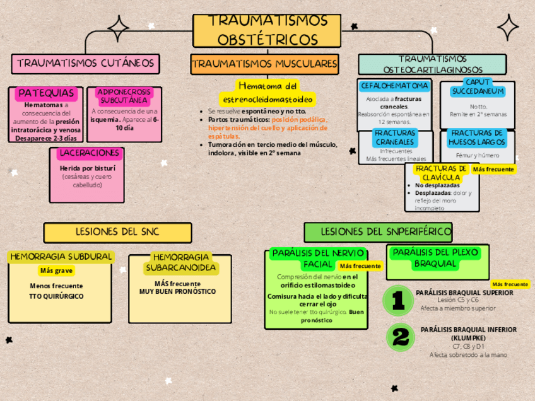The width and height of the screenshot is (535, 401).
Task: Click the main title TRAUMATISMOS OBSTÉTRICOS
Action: pos(267,30)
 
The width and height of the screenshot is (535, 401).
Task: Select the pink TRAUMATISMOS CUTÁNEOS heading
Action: pos(86,64)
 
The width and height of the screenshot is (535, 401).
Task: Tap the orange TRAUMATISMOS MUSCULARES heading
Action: pos(264,64)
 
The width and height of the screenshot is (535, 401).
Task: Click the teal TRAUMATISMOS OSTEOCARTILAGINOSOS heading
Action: pos(432,64)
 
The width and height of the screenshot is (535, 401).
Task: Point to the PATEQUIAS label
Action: pos(46,93)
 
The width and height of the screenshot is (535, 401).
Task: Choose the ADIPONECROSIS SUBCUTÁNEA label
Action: pos(124,96)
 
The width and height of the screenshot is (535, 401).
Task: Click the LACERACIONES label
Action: pos(89,153)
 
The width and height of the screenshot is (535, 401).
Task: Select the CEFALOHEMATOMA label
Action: pos(395,86)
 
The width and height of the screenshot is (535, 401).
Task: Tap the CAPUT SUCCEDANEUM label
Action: pos(478,87)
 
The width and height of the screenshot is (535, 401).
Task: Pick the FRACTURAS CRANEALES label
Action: pos(395,137)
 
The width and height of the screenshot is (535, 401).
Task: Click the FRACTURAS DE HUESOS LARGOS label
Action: pos(477,137)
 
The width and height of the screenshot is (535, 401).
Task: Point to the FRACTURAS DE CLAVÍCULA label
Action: pos(441,173)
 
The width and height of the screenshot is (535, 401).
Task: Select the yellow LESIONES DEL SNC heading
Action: pos(117,232)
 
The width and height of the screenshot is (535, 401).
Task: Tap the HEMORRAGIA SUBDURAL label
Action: pos(61,257)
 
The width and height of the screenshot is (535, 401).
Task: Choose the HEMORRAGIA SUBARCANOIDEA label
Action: pos(181,262)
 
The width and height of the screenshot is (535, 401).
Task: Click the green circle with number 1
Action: pos(398,300)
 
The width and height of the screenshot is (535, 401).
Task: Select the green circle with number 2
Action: pos(400,338)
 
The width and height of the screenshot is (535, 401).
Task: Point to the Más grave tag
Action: pos(56,271)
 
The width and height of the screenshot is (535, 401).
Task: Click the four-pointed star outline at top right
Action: pos(508,27)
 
